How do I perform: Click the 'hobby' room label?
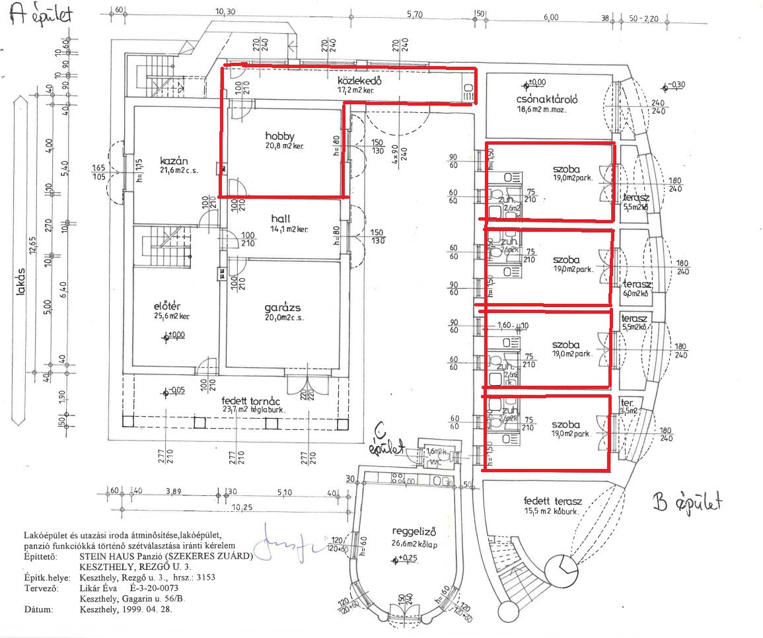pyautogui.click(x=280, y=136)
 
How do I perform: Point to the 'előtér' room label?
pyautogui.click(x=167, y=306)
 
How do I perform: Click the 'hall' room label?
pyautogui.click(x=281, y=219)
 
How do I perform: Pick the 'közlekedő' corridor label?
pyautogui.click(x=359, y=81)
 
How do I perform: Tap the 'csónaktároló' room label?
pyautogui.click(x=547, y=100)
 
